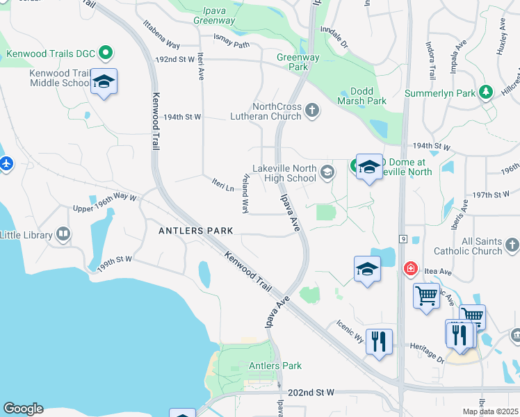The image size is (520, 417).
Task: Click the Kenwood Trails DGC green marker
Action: [x=106, y=52]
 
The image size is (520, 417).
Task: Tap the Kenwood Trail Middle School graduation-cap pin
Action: [x=104, y=83]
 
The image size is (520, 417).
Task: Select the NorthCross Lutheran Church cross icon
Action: [x=312, y=110]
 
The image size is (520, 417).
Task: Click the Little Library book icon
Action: [x=63, y=234]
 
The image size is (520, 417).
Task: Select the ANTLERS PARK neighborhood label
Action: [x=195, y=231]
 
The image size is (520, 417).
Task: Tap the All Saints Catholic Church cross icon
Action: [x=512, y=245]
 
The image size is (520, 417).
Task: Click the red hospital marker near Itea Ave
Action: [x=411, y=268]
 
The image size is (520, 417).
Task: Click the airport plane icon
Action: [x=6, y=164]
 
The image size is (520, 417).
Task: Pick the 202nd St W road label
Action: [x=311, y=393]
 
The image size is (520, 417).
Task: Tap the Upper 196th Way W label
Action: [x=105, y=202]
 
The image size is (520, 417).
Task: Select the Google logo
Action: [x=23, y=409]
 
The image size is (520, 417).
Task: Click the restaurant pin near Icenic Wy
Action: [x=379, y=341]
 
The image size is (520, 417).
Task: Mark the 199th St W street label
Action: [x=115, y=263]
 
